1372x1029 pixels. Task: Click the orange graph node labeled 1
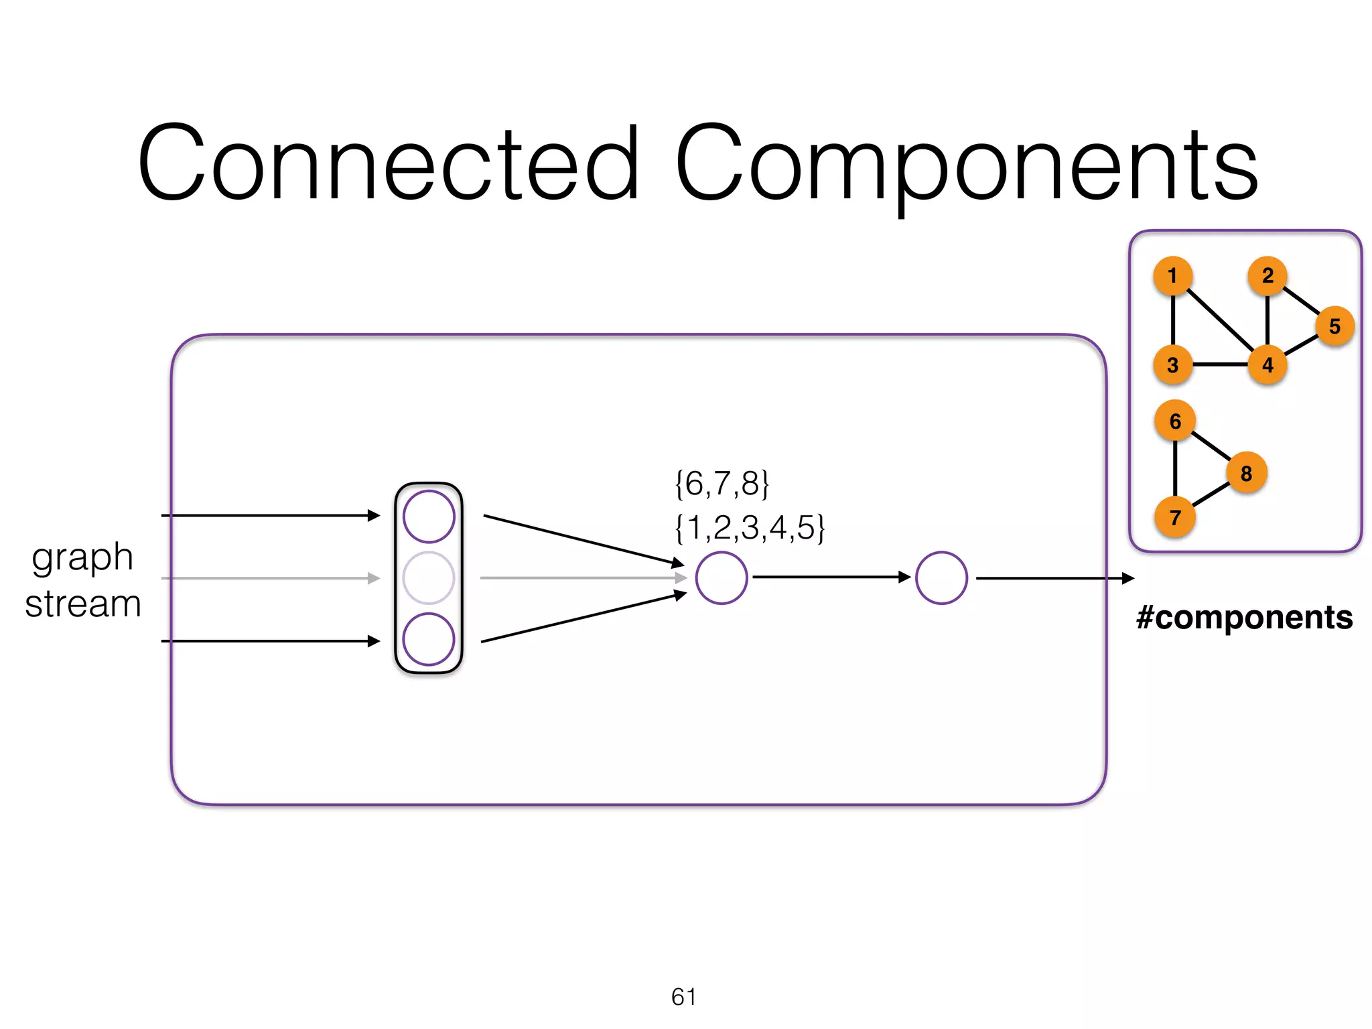(x=1172, y=275)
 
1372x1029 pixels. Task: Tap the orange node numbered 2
(x=1267, y=275)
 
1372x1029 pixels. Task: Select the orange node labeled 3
(x=1172, y=365)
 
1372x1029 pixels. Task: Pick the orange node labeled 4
(x=1267, y=365)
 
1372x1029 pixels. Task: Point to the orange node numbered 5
(x=1334, y=326)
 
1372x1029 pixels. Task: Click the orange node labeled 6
(x=1175, y=421)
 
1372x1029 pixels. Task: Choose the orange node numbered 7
(x=1175, y=517)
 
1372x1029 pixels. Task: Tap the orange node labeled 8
(x=1246, y=473)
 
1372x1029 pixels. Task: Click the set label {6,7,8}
(x=722, y=484)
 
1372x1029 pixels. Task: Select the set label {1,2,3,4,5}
(x=750, y=528)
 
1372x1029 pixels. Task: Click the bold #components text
(x=1244, y=617)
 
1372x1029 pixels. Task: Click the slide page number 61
(x=683, y=997)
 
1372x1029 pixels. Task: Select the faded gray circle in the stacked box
(x=429, y=578)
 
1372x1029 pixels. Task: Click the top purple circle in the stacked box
(x=429, y=517)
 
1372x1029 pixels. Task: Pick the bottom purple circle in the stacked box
(x=429, y=639)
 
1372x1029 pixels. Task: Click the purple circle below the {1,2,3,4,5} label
(x=722, y=578)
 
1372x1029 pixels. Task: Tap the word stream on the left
(x=83, y=604)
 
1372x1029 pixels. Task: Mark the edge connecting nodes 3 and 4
(x=1220, y=365)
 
